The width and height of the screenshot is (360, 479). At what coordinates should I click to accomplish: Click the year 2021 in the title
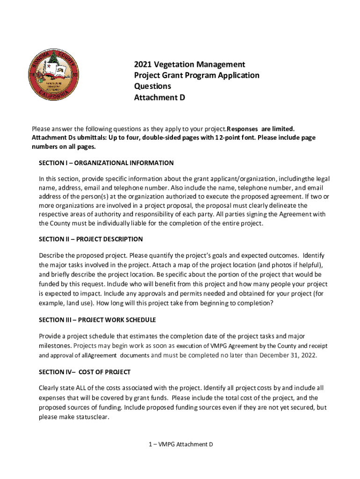pyautogui.click(x=144, y=64)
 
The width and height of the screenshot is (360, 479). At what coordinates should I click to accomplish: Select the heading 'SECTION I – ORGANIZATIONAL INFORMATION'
pyautogui.click(x=106, y=163)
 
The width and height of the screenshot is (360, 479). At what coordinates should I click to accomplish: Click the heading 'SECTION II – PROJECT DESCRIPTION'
pyautogui.click(x=91, y=239)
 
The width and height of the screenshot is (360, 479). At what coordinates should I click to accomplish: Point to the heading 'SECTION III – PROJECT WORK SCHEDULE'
pyautogui.click(x=97, y=320)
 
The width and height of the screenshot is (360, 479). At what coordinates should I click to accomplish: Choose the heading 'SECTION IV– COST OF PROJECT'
pyautogui.click(x=85, y=372)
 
